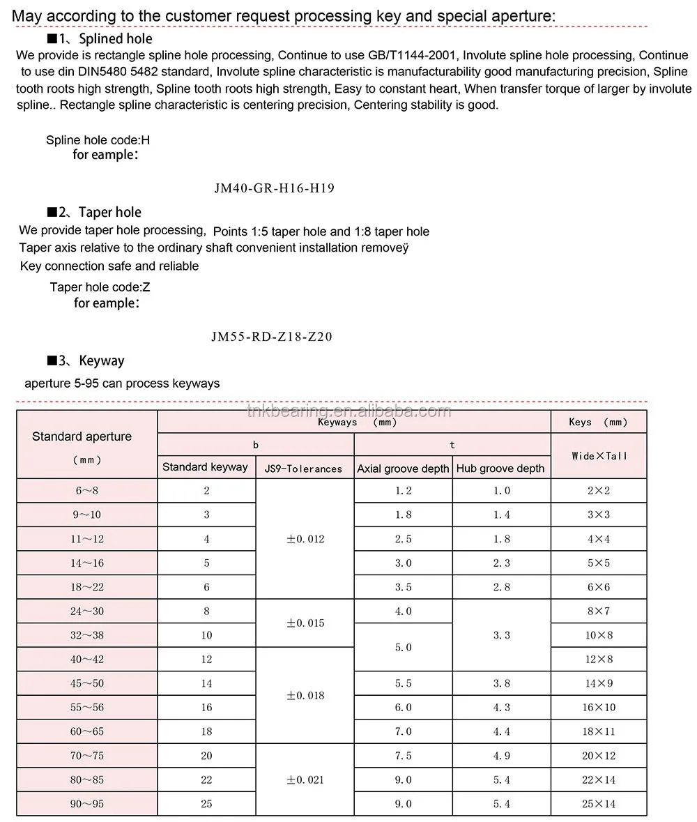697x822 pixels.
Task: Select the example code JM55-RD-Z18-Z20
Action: [x=271, y=337]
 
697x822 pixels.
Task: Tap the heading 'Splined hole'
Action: [x=115, y=39]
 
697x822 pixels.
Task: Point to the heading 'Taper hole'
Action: [x=109, y=212]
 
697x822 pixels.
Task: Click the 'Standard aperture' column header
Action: [x=82, y=436]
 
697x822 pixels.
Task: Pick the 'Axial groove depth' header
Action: [x=403, y=469]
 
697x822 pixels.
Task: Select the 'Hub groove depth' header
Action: [x=500, y=469]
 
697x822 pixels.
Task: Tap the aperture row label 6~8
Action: [x=87, y=491]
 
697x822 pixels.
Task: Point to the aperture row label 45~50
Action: [x=87, y=683]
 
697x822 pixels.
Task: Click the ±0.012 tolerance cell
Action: [x=305, y=539]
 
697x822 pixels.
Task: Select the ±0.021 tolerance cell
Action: [x=305, y=779]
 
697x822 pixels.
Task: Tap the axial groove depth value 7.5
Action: [x=404, y=756]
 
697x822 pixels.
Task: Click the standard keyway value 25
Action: [x=206, y=804]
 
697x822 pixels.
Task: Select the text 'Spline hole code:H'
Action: [x=98, y=140]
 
